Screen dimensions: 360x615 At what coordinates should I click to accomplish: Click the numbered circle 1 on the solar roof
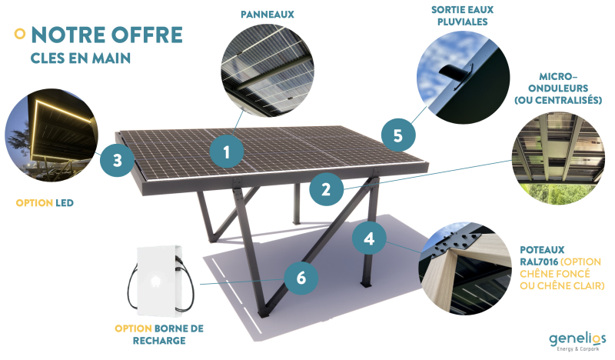[227, 152]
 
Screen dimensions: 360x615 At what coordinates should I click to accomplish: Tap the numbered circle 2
[327, 189]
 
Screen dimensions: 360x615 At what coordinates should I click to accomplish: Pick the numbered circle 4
[369, 238]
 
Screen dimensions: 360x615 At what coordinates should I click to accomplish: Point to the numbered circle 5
[397, 135]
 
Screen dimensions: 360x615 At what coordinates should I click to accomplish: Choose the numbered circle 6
[301, 278]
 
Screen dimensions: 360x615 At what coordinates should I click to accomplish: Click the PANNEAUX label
[267, 15]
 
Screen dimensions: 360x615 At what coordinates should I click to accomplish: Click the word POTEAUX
[542, 250]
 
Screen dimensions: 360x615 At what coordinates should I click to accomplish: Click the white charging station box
[159, 281]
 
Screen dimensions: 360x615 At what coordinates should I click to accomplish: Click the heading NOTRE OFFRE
[106, 35]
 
